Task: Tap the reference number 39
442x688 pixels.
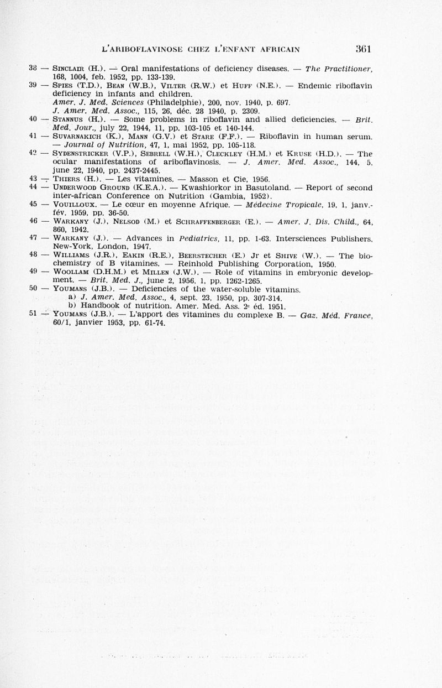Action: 33,85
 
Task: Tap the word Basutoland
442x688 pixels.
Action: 292,187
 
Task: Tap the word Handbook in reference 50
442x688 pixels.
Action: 96,306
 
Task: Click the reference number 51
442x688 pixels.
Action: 33,314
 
